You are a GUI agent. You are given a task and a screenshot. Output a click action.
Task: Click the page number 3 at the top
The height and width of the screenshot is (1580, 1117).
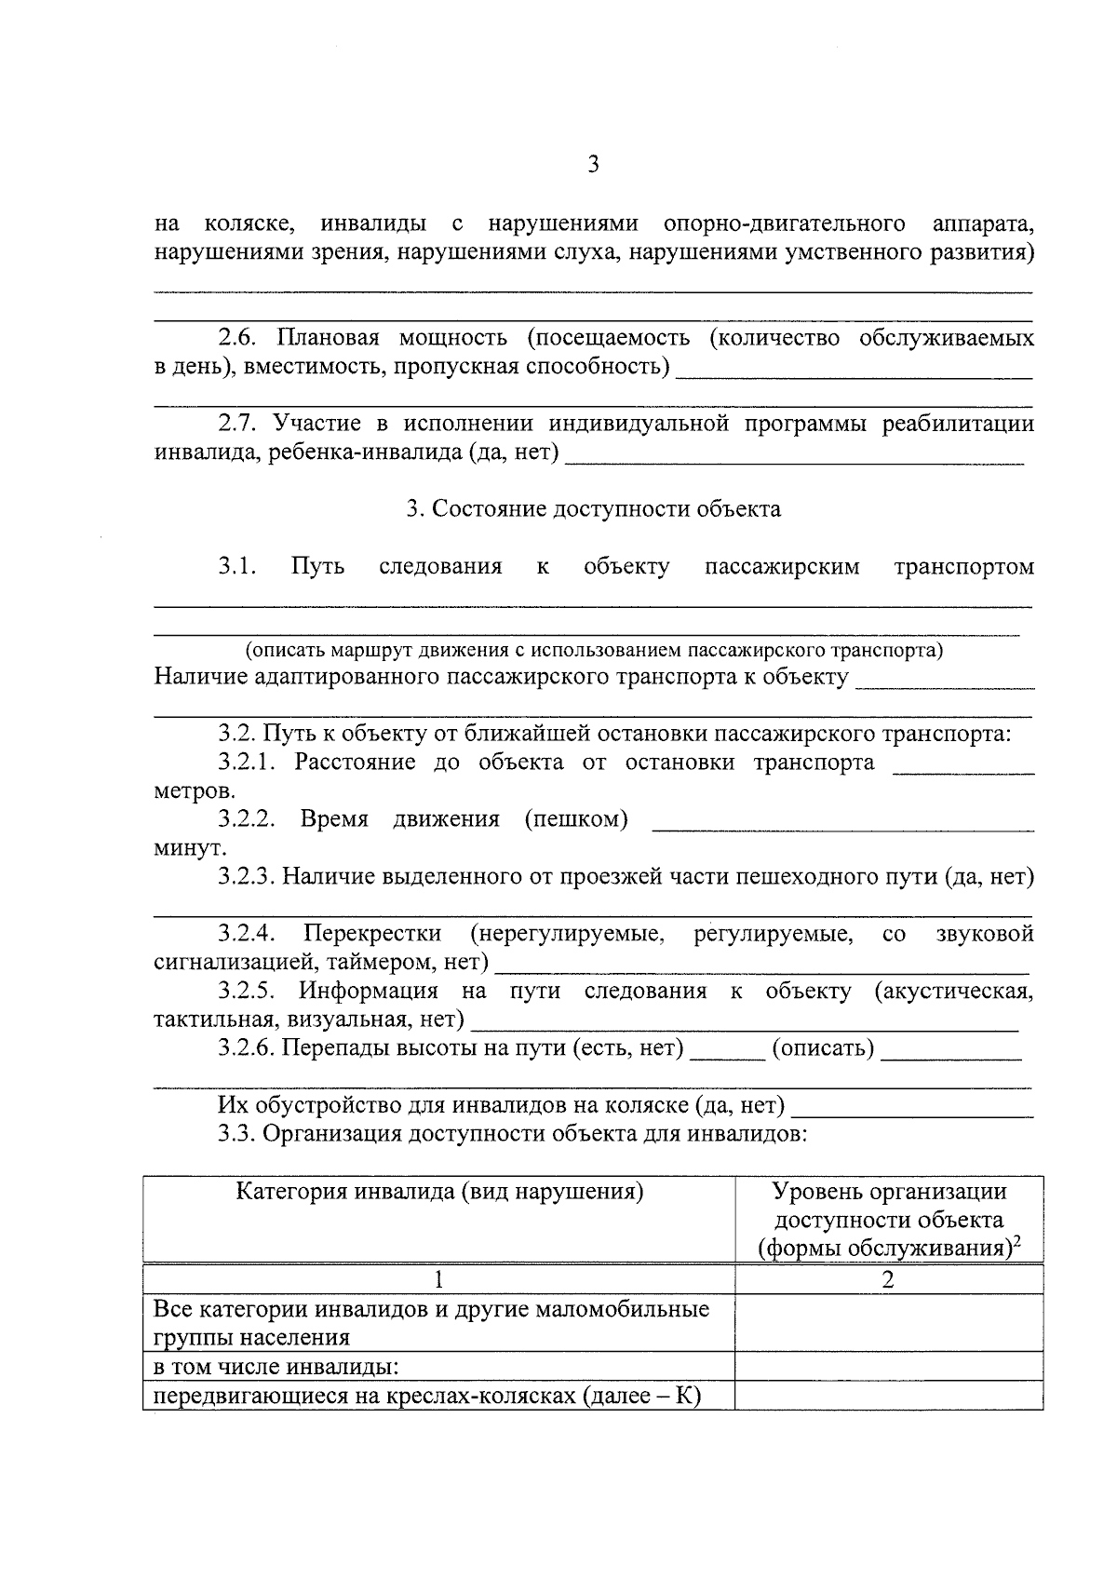(x=592, y=166)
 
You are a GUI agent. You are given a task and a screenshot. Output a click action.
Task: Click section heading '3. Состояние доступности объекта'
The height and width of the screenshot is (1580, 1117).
(x=593, y=509)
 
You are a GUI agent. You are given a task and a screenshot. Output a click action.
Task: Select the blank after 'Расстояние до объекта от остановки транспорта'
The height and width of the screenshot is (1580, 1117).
(x=962, y=766)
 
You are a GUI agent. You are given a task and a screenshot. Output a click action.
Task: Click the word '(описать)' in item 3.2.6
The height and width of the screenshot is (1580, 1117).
(x=824, y=1048)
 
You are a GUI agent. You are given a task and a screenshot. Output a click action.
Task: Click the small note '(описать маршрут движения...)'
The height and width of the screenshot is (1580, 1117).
(x=594, y=650)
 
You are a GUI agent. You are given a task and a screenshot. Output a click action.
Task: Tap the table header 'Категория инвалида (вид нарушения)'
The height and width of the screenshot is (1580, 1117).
(x=439, y=1192)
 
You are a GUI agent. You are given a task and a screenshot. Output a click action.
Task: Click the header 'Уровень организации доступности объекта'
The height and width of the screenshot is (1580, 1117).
(x=889, y=1206)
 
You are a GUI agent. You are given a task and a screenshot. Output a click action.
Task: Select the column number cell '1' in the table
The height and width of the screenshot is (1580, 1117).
(x=439, y=1280)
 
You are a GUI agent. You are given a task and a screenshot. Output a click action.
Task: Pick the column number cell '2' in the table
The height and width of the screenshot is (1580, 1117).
(x=888, y=1280)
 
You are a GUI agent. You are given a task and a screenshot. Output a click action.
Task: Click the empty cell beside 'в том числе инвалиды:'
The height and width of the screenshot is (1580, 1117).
(x=888, y=1367)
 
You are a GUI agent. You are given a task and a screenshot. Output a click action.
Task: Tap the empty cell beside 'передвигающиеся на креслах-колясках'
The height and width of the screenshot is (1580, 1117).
(x=888, y=1396)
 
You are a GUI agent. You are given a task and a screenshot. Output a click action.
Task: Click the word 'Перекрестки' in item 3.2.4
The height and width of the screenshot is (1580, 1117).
(x=372, y=934)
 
